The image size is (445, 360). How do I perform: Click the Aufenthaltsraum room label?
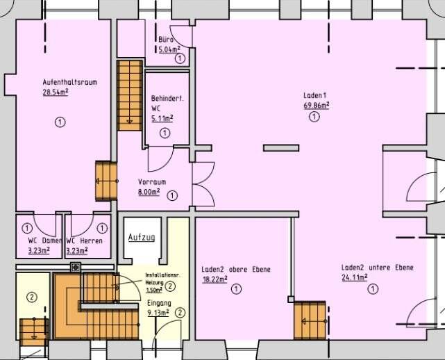point(70,82)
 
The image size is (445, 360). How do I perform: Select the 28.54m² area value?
point(56,92)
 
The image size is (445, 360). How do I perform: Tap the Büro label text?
point(166,40)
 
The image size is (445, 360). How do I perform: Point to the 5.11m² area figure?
point(162,118)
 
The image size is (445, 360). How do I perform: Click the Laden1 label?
point(315,95)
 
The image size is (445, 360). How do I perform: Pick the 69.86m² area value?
point(317,105)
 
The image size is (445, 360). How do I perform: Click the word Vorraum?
point(152,182)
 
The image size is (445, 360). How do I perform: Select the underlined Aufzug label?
point(142,237)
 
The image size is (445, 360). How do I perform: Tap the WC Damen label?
point(45,240)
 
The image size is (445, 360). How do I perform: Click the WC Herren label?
point(84,240)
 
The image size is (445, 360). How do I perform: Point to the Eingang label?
point(159,304)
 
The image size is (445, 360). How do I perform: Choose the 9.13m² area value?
point(158,313)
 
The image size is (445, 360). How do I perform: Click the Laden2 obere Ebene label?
point(236,269)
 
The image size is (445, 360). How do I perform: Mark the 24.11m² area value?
point(355,277)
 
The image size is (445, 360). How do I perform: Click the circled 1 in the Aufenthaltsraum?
point(60,122)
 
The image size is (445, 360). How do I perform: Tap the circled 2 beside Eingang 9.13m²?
point(180,313)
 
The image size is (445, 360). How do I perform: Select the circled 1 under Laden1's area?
point(314,117)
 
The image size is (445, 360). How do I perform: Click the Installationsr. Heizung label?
point(162,279)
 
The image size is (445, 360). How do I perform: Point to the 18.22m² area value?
point(215,279)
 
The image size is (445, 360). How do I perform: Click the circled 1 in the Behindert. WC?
point(165,133)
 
